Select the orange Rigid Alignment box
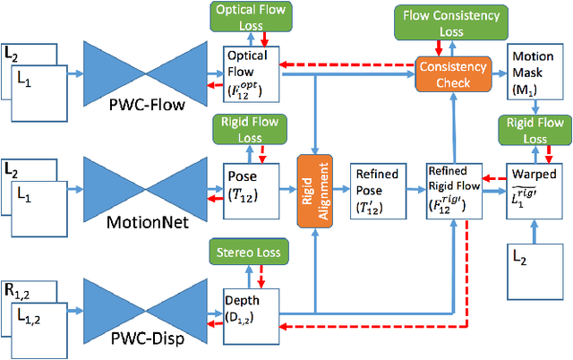[x=313, y=189]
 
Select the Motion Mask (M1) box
[x=534, y=74]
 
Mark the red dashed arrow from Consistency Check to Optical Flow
[x=348, y=64]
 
